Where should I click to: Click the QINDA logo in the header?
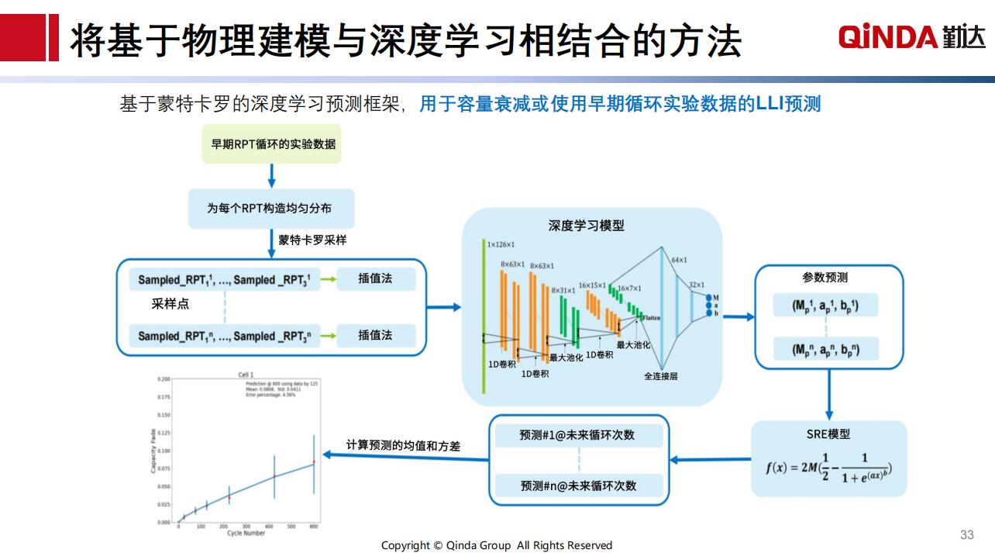pyautogui.click(x=911, y=36)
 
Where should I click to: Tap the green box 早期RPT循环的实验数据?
pyautogui.click(x=271, y=144)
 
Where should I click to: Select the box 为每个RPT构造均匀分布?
pyautogui.click(x=271, y=208)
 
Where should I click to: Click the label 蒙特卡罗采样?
pyautogui.click(x=312, y=240)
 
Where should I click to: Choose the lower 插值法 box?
pyautogui.click(x=376, y=336)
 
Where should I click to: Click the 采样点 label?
pyautogui.click(x=170, y=304)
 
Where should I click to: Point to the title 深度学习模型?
pyautogui.click(x=586, y=226)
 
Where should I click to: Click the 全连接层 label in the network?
pyautogui.click(x=660, y=376)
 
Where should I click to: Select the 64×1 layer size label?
pyautogui.click(x=679, y=260)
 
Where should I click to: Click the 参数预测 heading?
pyautogui.click(x=825, y=278)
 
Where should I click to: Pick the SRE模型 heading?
pyautogui.click(x=828, y=434)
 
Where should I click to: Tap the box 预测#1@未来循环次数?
pyautogui.click(x=577, y=435)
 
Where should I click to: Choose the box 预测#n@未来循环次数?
pyautogui.click(x=578, y=486)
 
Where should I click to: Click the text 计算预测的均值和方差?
pyautogui.click(x=403, y=446)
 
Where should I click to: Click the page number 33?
pyautogui.click(x=966, y=534)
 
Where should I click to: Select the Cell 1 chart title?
pyautogui.click(x=246, y=375)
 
